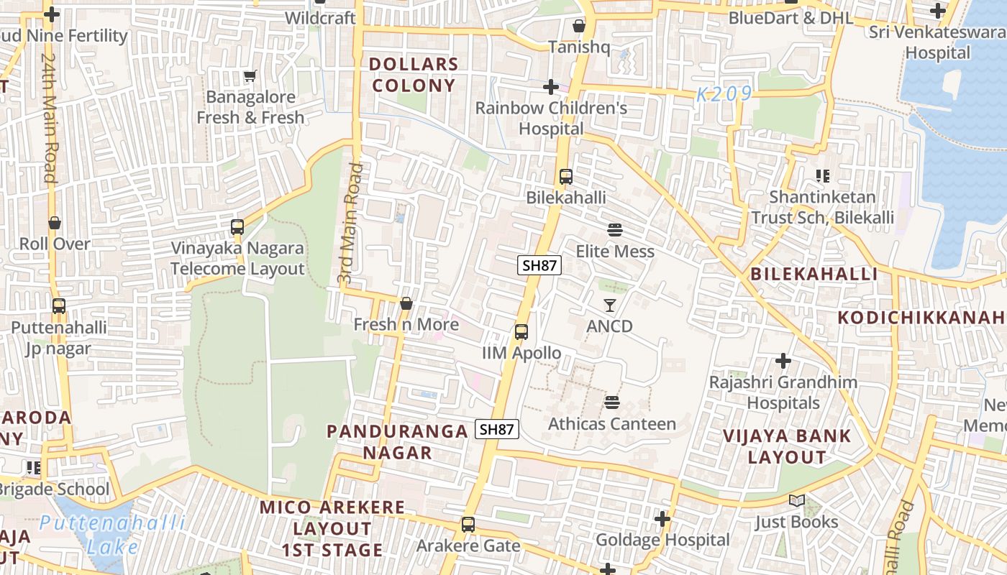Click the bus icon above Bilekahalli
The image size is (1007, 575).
pos(566,176)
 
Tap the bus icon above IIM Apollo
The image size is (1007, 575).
pos(521,332)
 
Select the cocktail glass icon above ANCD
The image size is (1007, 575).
pos(610,305)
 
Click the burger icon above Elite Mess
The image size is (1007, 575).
pos(615,230)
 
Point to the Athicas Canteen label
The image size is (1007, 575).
pos(612,424)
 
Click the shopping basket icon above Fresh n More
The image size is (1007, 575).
pos(406,304)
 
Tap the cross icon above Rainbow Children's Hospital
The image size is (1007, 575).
pos(551,87)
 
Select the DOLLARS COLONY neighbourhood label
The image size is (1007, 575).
pos(413,75)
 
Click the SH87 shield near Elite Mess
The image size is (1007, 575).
pos(539,265)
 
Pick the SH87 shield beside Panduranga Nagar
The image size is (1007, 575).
pos(497,429)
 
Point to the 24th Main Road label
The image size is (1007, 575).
pos(49,116)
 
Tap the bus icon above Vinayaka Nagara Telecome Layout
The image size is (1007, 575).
pos(237,227)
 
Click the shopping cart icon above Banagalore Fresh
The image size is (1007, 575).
pos(250,75)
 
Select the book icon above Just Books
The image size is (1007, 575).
pos(796,500)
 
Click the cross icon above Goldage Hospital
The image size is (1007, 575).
pos(662,518)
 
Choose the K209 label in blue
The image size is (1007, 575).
pos(724,93)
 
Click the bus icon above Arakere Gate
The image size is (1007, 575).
pos(468,525)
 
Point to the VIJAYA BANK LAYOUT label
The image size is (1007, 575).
pos(787,446)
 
